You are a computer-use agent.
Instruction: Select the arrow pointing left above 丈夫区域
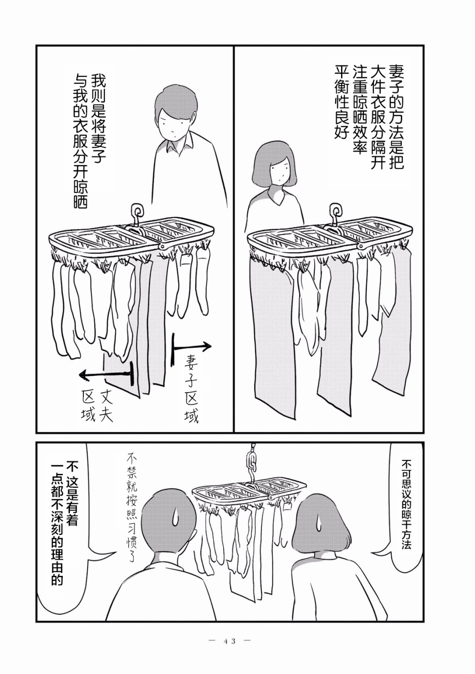pos(106,374)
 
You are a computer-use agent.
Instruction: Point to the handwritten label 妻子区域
pos(192,388)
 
